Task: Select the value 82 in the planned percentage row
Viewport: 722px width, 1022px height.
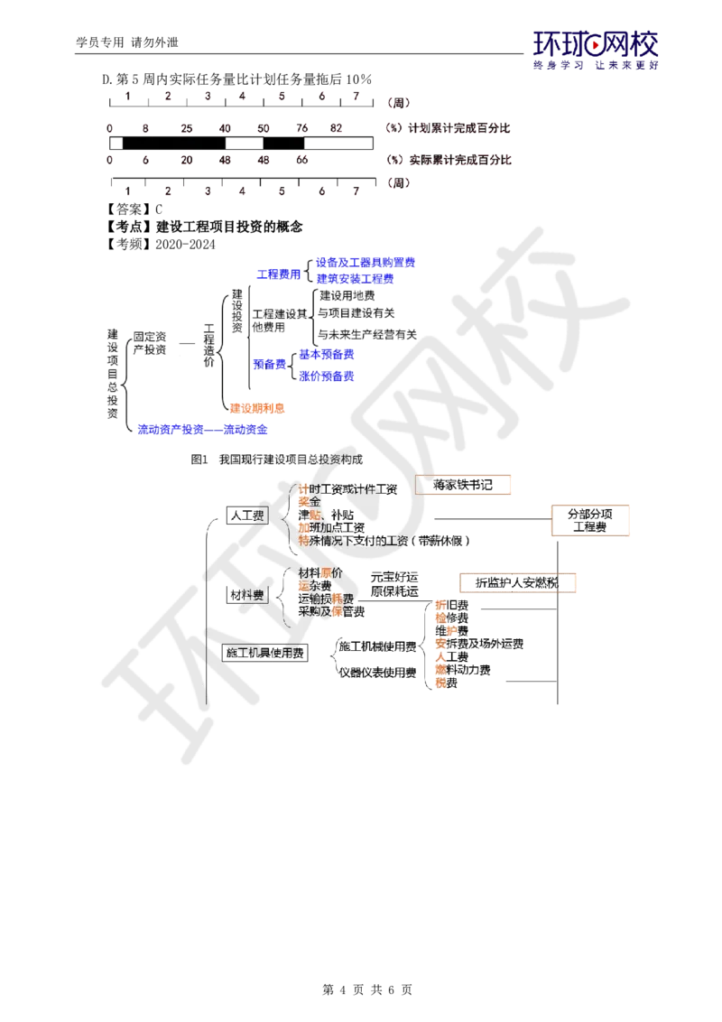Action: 337,129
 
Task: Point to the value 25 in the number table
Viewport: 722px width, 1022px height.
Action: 187,129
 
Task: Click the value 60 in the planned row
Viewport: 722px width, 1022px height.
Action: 264,129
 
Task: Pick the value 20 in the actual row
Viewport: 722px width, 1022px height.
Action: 187,160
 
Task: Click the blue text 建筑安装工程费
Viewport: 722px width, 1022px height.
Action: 356,280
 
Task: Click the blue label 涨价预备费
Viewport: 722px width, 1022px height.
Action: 326,375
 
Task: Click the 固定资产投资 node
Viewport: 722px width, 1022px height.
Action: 149,343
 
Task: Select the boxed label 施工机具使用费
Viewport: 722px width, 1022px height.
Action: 264,653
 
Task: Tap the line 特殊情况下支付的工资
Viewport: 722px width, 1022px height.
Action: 383,541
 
